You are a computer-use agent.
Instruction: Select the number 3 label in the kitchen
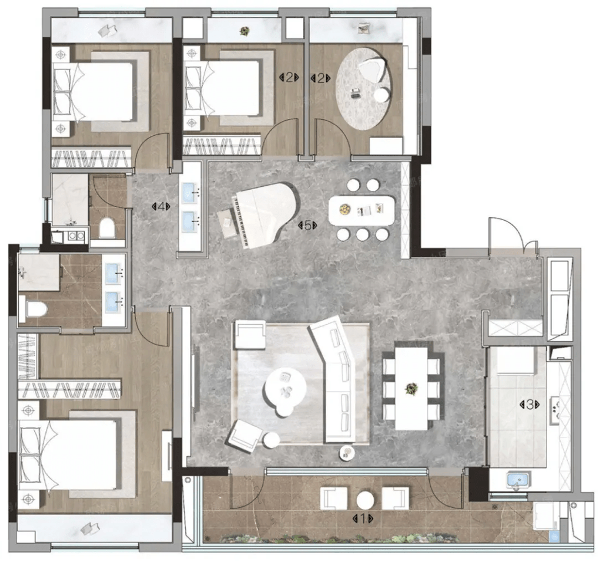pos(529,405)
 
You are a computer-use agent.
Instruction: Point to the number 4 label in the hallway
pos(161,207)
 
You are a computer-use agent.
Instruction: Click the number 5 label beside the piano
pos(307,225)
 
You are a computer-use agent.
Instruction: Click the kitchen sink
pos(518,481)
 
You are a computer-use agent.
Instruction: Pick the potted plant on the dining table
pos(411,389)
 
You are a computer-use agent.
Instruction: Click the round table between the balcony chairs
pos(364,499)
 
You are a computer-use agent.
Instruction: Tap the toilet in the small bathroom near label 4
pos(107,228)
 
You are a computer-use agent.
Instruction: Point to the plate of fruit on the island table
pos(345,209)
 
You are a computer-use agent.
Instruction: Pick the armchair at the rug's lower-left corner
pos(245,435)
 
